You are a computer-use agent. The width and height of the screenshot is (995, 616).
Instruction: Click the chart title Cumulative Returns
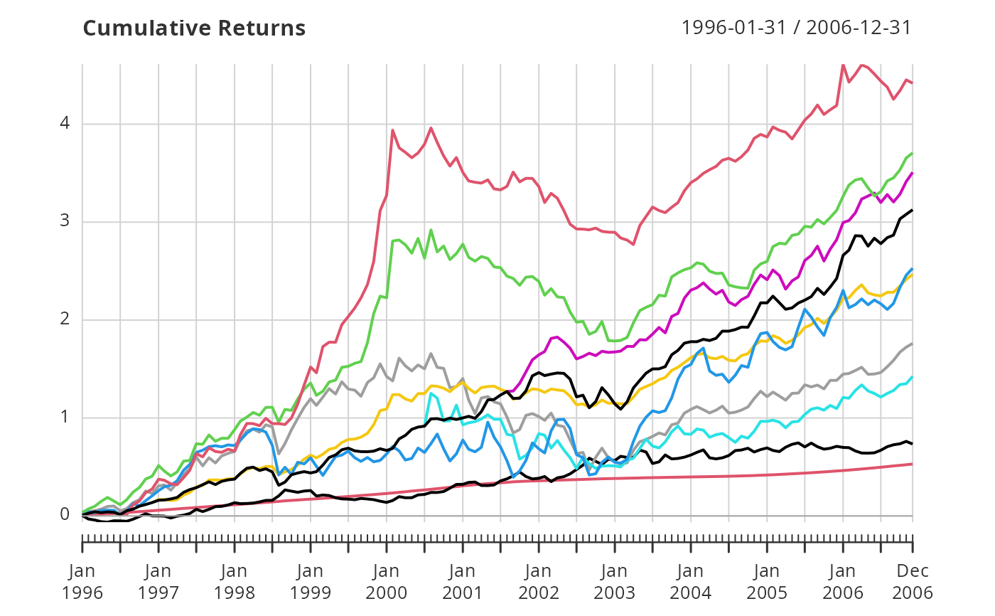pyautogui.click(x=194, y=28)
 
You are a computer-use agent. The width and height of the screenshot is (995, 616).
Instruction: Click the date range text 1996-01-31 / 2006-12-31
pyautogui.click(x=796, y=28)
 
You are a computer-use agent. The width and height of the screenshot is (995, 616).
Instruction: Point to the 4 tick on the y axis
pyautogui.click(x=66, y=124)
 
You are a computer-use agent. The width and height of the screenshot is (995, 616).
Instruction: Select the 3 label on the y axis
pyautogui.click(x=66, y=221)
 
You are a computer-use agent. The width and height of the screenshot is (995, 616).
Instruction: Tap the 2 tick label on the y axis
pyautogui.click(x=66, y=319)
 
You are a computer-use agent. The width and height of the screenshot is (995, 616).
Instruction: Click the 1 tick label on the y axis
pyautogui.click(x=66, y=417)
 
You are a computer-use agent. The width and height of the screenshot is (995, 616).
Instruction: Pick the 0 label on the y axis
pyautogui.click(x=66, y=514)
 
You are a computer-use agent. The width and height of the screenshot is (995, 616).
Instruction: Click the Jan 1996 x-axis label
pyautogui.click(x=82, y=582)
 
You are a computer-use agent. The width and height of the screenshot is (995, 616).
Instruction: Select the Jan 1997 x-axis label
pyautogui.click(x=158, y=582)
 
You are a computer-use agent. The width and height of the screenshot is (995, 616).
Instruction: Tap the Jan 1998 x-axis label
pyautogui.click(x=235, y=582)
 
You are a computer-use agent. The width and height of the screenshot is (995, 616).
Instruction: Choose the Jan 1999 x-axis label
pyautogui.click(x=311, y=582)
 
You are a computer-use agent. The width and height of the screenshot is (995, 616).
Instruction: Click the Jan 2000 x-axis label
pyautogui.click(x=387, y=582)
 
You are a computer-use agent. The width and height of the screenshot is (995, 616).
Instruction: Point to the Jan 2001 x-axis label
pyautogui.click(x=463, y=582)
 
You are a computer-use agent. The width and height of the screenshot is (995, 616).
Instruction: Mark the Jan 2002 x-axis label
pyautogui.click(x=539, y=582)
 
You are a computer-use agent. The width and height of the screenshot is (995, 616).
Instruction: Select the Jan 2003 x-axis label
pyautogui.click(x=615, y=582)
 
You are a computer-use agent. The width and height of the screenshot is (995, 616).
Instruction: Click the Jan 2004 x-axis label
pyautogui.click(x=691, y=582)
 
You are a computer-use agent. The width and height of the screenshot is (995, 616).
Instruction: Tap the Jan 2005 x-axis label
pyautogui.click(x=767, y=582)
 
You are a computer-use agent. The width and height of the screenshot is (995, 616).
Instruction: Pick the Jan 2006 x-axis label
pyautogui.click(x=843, y=582)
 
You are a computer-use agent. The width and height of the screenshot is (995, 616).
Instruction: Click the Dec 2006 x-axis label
pyautogui.click(x=913, y=582)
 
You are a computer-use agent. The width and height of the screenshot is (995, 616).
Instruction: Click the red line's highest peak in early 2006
pyautogui.click(x=843, y=65)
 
